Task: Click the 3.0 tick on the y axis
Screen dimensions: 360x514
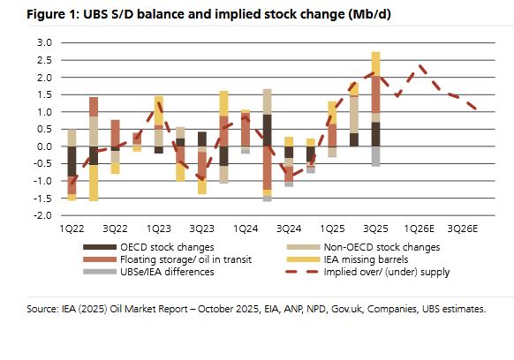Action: click(x=42, y=42)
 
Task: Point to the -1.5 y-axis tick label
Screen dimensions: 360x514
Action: click(x=41, y=199)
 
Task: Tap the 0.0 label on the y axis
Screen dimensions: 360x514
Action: click(x=42, y=146)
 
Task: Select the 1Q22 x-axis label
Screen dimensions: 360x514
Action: click(x=72, y=228)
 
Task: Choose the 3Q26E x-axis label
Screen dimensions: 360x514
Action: click(x=466, y=228)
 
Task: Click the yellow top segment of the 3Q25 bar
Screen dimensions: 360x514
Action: click(x=375, y=63)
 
